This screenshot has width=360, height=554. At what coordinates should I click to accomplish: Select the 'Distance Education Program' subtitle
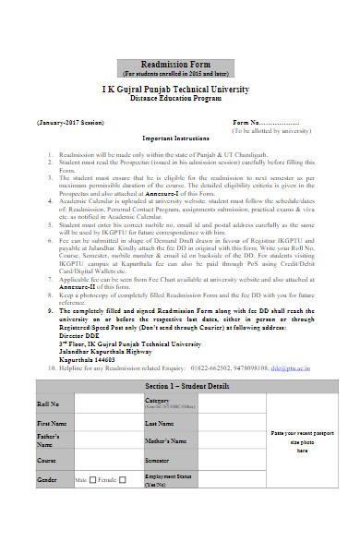(181, 98)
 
